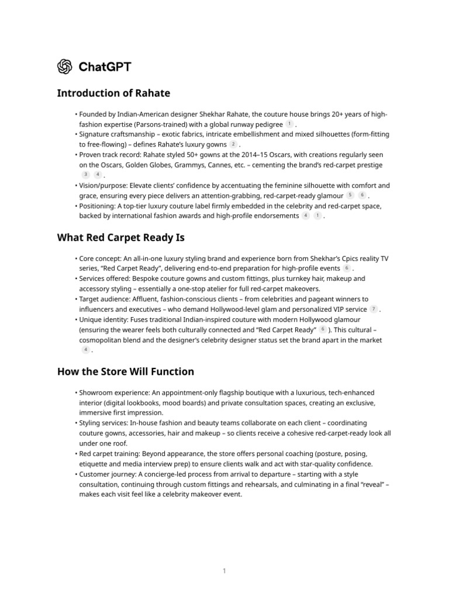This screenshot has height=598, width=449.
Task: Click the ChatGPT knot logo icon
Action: pyautogui.click(x=64, y=67)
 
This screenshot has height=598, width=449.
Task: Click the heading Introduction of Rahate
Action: pyautogui.click(x=113, y=93)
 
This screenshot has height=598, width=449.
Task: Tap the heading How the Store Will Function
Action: pyautogui.click(x=125, y=371)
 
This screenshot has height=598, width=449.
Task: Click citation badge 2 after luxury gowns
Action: pyautogui.click(x=233, y=144)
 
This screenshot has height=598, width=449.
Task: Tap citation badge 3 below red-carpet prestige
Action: pyautogui.click(x=86, y=175)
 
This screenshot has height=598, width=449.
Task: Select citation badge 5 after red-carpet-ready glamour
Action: pyautogui.click(x=350, y=195)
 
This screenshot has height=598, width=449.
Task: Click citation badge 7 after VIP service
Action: pyautogui.click(x=374, y=309)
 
